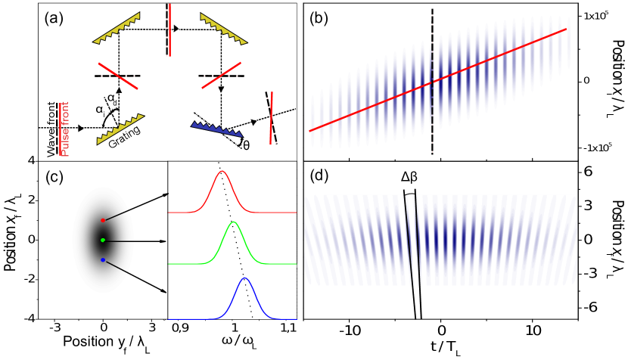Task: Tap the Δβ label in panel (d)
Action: pos(409,179)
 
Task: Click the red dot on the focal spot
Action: pos(103,220)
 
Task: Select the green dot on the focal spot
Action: pos(103,241)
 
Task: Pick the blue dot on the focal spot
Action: pos(103,260)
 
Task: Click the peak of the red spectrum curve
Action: pos(222,172)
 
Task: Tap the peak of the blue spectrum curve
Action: pos(245,279)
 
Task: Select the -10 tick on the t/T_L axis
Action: pos(349,331)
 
